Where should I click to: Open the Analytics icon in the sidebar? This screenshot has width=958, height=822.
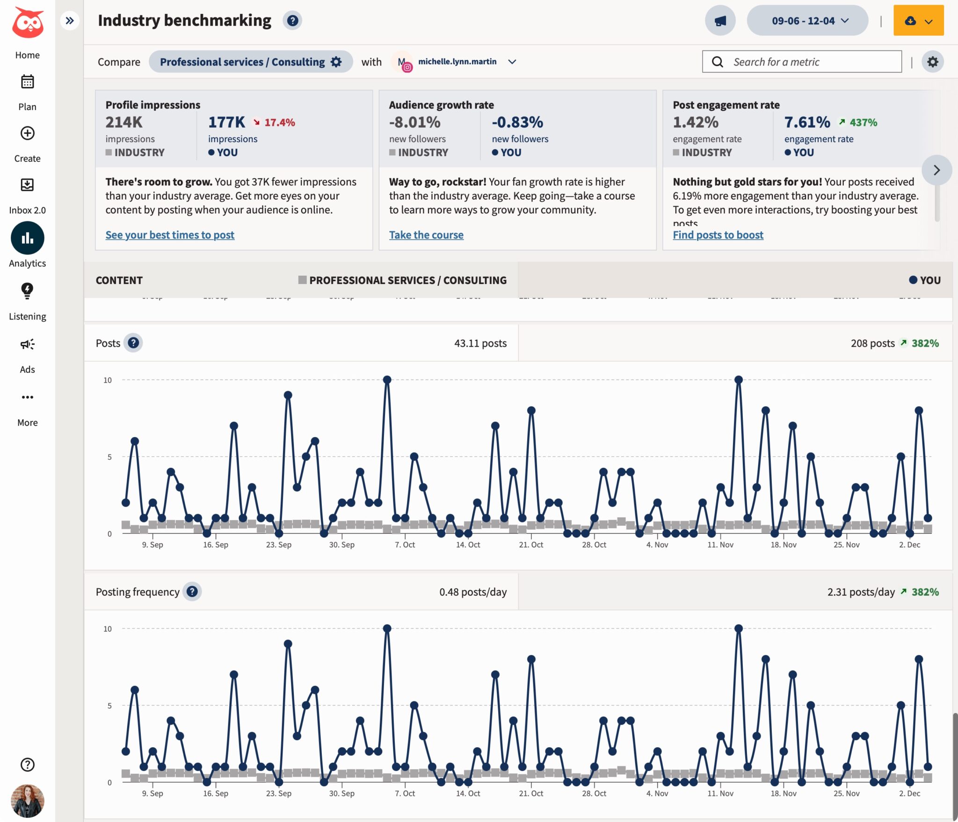pos(28,238)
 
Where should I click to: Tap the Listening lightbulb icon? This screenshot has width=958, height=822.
pos(28,291)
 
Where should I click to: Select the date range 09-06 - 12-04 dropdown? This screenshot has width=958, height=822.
pos(807,21)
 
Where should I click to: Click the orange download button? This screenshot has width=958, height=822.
pos(918,21)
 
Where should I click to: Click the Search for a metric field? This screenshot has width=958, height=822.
pos(802,62)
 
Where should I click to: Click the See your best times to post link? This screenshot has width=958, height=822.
pos(170,235)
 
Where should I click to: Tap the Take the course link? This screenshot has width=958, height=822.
pos(426,235)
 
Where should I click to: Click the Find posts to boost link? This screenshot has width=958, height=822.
pos(718,235)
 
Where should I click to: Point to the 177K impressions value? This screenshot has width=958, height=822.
pos(226,122)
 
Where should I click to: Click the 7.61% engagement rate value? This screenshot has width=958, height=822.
pos(807,122)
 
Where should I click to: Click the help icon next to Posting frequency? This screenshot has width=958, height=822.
pos(192,591)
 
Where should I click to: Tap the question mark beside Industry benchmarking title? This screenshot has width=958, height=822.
pos(292,21)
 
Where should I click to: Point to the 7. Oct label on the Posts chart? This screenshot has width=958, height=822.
pos(405,545)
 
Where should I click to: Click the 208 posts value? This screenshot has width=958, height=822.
pos(872,343)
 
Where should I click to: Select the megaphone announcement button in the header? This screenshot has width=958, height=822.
pos(720,21)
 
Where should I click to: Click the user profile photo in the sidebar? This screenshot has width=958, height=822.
pos(28,800)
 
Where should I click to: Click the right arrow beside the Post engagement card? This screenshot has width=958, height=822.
pos(936,170)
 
